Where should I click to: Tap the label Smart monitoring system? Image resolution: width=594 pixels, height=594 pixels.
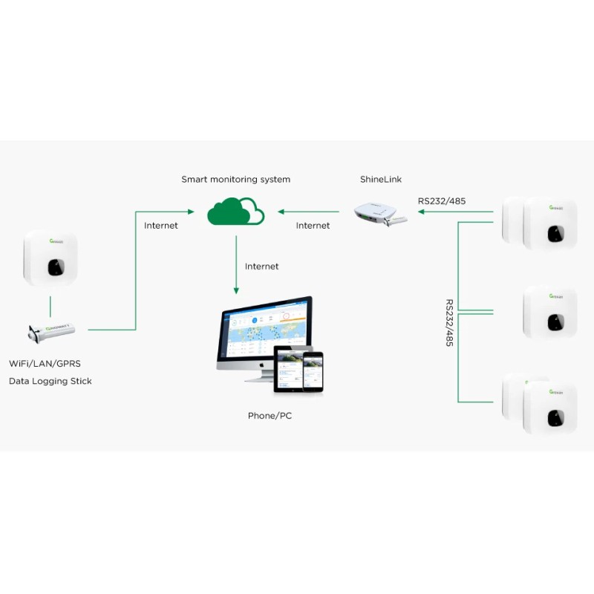pyautogui.click(x=236, y=180)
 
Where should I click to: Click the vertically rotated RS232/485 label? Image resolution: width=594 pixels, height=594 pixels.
pyautogui.click(x=449, y=323)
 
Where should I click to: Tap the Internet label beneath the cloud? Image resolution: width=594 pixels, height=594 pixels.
pyautogui.click(x=261, y=267)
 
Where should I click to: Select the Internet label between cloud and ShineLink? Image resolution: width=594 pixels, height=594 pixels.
pyautogui.click(x=313, y=226)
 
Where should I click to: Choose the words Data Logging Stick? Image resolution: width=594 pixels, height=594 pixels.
pyautogui.click(x=50, y=382)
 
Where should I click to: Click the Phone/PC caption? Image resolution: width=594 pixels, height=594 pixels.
pyautogui.click(x=270, y=416)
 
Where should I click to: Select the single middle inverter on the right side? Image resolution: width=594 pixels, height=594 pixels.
pyautogui.click(x=550, y=312)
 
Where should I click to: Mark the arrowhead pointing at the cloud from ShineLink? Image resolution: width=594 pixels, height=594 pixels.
pyautogui.click(x=281, y=212)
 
